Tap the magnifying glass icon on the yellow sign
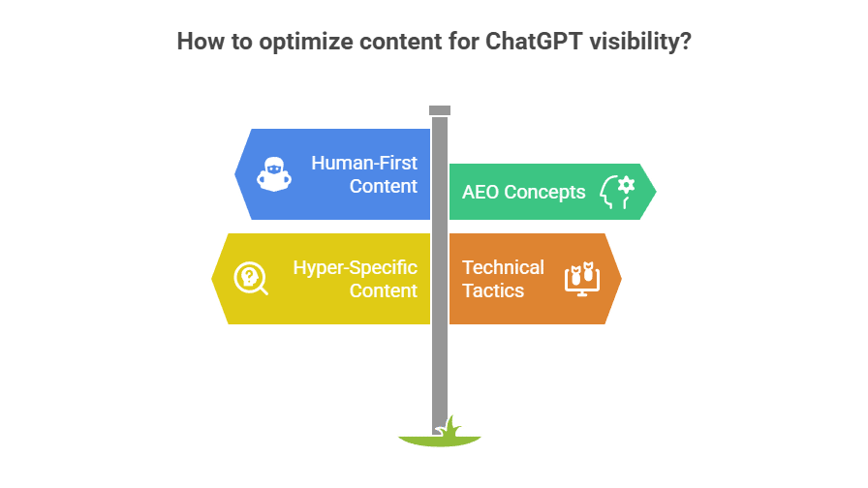coord(251,279)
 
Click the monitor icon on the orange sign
coord(581,279)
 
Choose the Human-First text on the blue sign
coord(364,163)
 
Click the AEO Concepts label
coord(523,192)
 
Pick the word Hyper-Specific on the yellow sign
coord(356,267)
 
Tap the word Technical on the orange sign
coord(503,267)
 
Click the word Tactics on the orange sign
coord(493,290)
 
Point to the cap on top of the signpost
coord(440,110)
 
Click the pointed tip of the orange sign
coord(620,279)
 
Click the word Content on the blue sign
coord(384,186)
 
